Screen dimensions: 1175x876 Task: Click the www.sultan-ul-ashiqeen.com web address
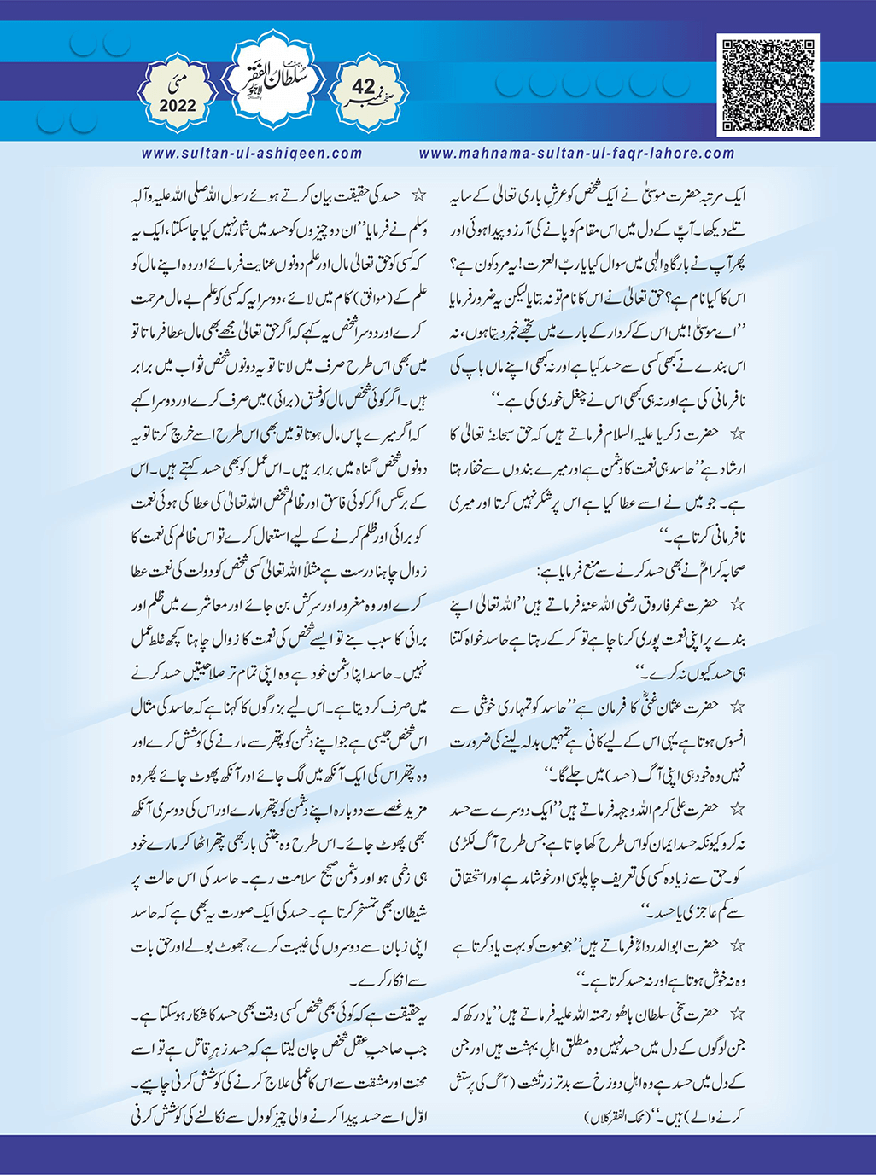[x=252, y=154]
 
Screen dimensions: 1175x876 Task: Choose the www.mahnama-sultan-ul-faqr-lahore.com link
[x=576, y=154]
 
